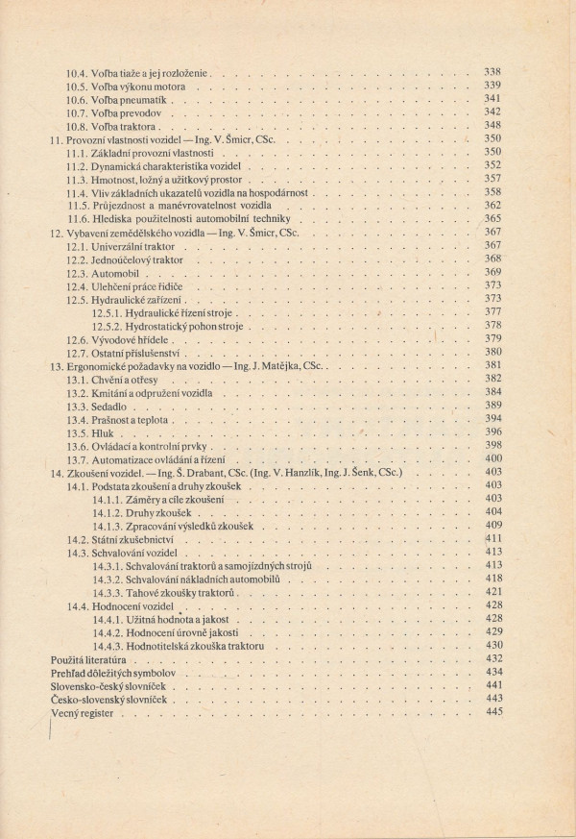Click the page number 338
coord(492,71)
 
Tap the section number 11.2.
coord(78,164)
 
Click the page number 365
coord(492,218)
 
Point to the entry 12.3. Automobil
coord(104,272)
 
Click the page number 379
coord(492,338)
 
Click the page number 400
coord(492,458)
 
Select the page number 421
coord(492,592)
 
